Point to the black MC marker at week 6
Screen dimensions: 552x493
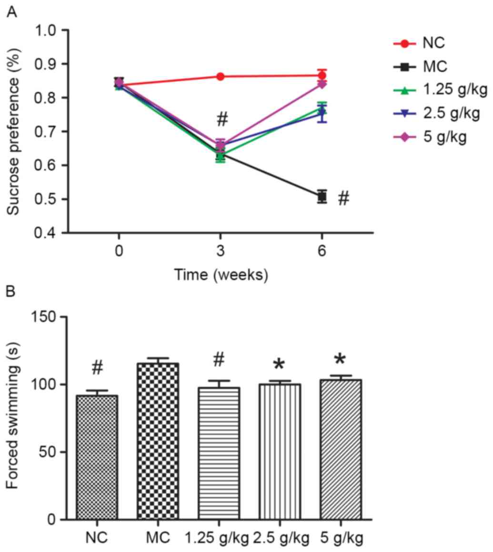[322, 196]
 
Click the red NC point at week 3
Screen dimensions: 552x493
[220, 76]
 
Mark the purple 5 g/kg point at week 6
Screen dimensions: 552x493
[322, 84]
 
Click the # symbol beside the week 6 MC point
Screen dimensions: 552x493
[343, 199]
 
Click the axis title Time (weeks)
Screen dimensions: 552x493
[220, 275]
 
